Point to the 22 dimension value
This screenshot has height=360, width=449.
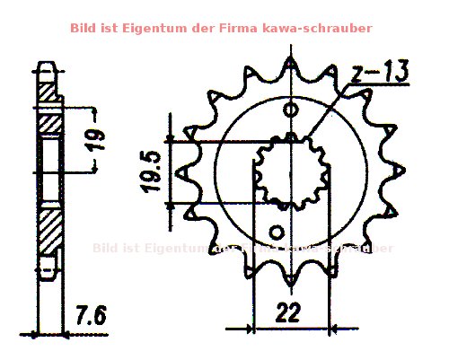(287, 312)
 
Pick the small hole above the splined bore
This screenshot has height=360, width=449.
(289, 110)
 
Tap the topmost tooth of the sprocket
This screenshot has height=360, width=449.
(291, 66)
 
